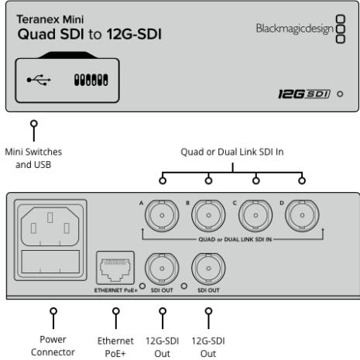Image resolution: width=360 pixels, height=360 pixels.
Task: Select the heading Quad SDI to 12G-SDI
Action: coord(90,36)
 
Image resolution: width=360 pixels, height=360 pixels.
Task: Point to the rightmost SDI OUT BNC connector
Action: coord(209,268)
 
